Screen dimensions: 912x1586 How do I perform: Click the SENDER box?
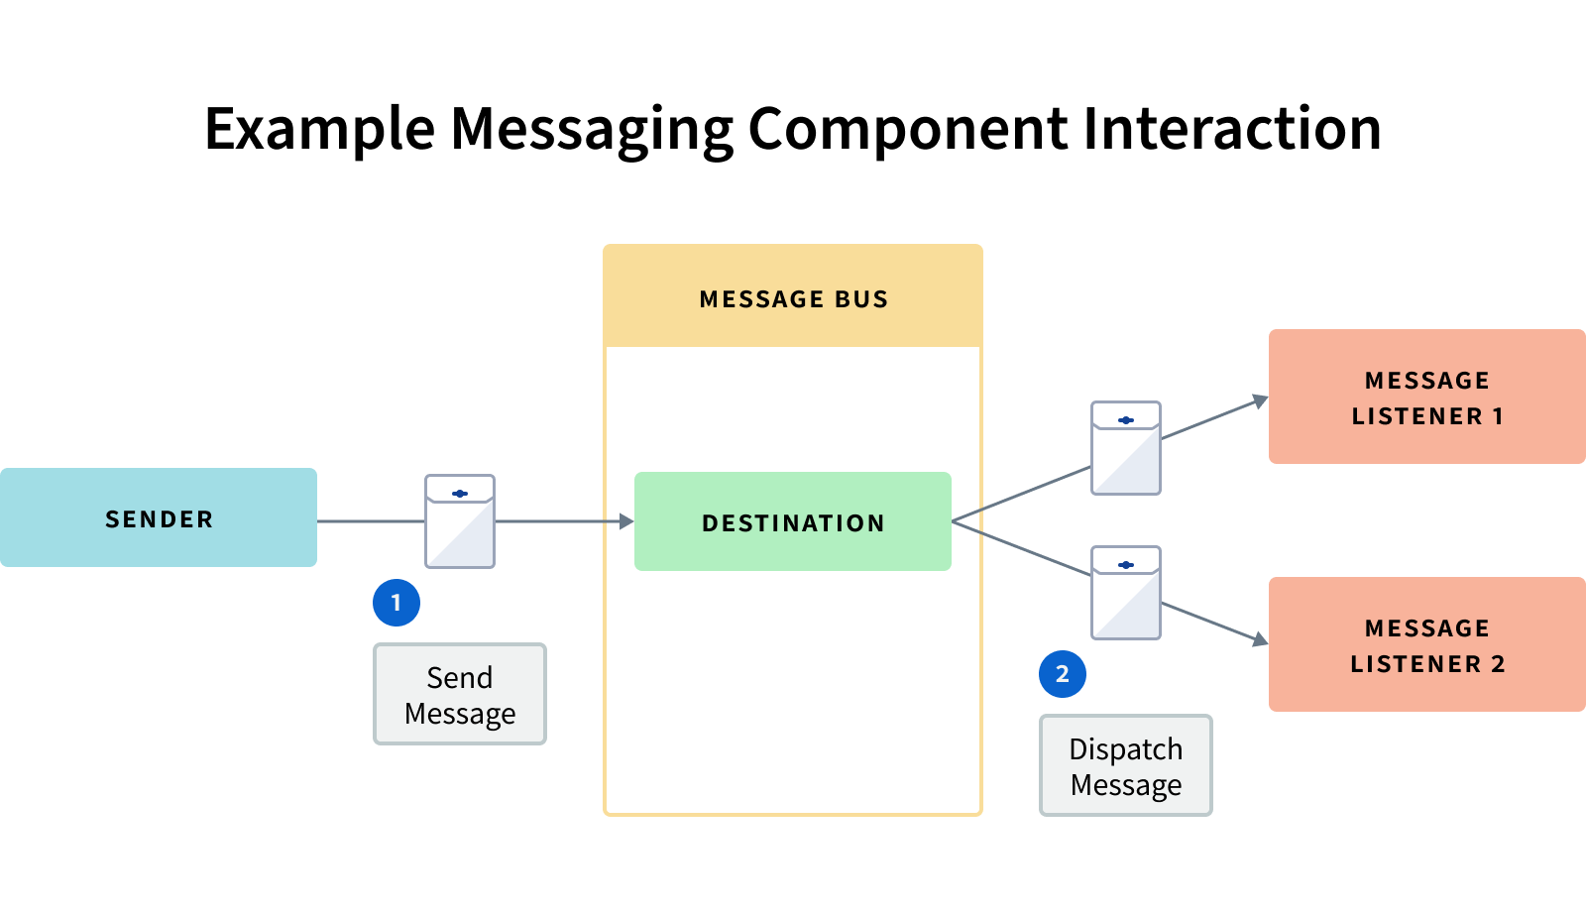click(x=159, y=517)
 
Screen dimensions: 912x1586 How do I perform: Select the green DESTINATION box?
click(x=793, y=521)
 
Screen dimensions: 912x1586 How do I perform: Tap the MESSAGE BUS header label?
click(x=793, y=298)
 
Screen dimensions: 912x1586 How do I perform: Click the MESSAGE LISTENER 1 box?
click(x=1426, y=397)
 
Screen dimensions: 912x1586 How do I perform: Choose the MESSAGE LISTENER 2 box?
click(x=1426, y=644)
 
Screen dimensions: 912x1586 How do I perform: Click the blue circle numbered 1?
click(x=396, y=603)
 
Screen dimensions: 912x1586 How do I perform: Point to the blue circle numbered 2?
click(x=1063, y=674)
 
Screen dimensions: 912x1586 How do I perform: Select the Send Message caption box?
click(x=460, y=694)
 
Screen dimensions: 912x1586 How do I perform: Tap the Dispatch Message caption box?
click(x=1126, y=765)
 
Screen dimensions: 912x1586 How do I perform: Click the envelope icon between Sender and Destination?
click(x=460, y=521)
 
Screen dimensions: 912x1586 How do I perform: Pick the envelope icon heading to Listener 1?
click(x=1126, y=448)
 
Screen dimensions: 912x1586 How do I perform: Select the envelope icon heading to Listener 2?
click(x=1126, y=593)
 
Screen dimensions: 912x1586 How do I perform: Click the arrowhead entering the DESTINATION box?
click(x=626, y=521)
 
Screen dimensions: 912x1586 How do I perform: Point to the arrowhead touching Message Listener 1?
click(x=1260, y=401)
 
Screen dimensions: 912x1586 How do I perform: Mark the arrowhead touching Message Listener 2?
click(x=1260, y=640)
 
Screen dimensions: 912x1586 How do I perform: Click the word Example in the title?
click(x=319, y=129)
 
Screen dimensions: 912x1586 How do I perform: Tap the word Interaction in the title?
click(x=1232, y=129)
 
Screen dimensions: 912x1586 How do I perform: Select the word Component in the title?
click(x=908, y=129)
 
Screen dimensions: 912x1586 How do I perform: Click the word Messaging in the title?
click(x=592, y=129)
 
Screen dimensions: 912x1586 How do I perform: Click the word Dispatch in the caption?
click(x=1126, y=748)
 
